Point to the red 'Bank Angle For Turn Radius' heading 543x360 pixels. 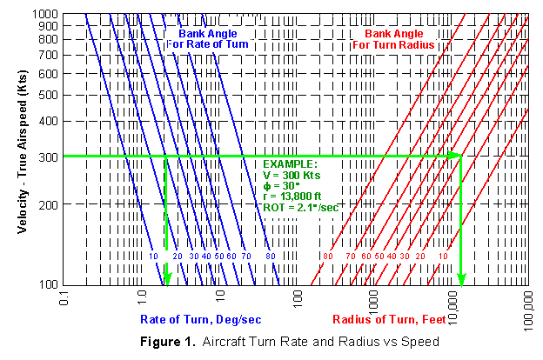point(399,39)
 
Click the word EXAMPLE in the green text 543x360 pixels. point(292,163)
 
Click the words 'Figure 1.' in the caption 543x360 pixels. point(168,341)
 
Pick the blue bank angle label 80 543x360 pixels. point(271,257)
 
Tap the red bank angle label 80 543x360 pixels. point(327,257)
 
